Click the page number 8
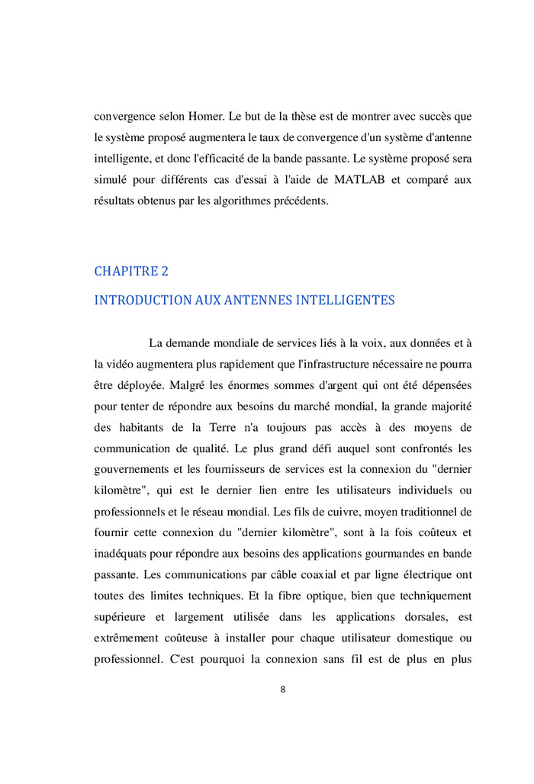pyautogui.click(x=283, y=689)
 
